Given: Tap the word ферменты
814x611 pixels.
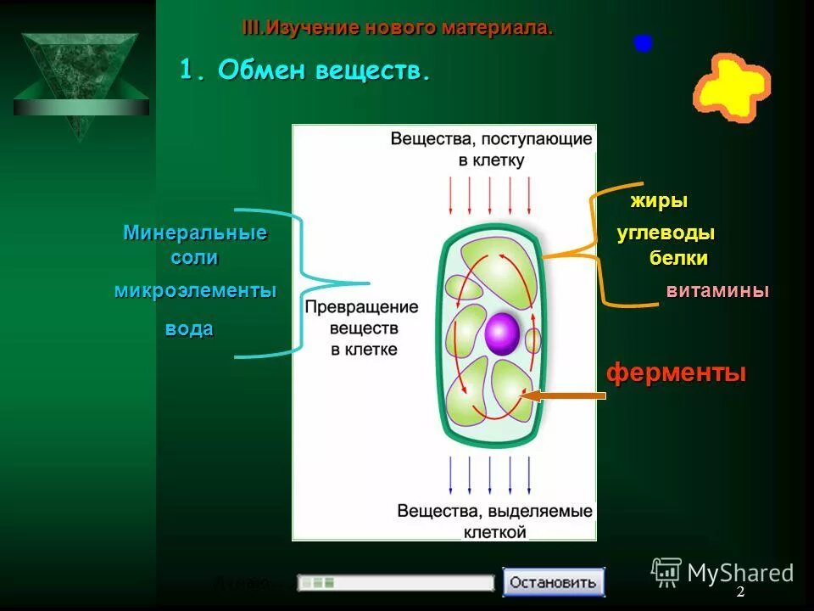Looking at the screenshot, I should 676,373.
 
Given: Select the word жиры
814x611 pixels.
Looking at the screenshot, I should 659,201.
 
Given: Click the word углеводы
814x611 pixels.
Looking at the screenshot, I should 666,233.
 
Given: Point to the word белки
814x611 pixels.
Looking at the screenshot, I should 678,259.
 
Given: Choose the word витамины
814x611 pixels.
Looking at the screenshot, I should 717,291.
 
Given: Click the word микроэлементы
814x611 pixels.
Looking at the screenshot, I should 195,290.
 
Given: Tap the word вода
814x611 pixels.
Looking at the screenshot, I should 189,329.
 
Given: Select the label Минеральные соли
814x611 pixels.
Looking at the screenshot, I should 195,244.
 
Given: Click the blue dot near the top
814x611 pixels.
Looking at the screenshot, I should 643,43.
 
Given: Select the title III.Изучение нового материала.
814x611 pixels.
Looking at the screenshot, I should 398,28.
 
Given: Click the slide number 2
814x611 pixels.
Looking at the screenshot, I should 740,592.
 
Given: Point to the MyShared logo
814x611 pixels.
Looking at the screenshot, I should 722,573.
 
